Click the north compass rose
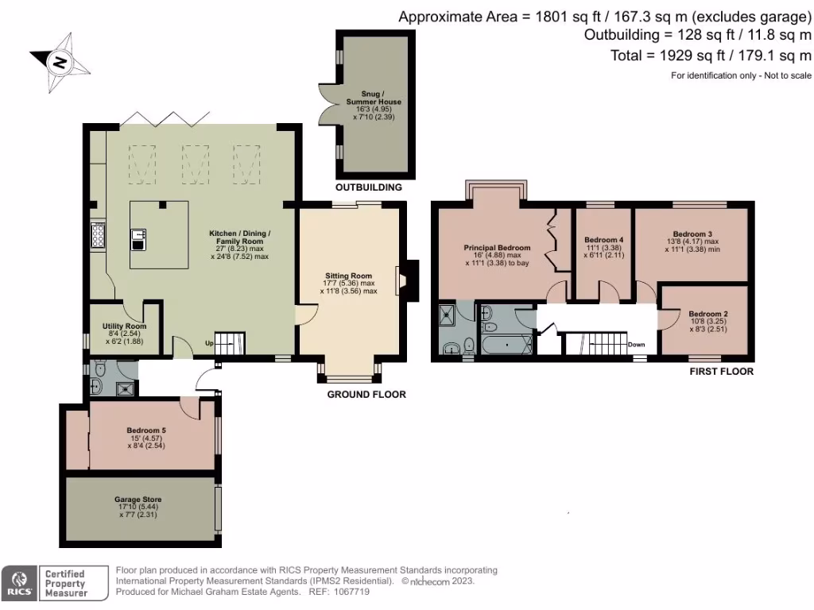60,62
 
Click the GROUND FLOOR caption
366,394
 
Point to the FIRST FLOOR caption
722,371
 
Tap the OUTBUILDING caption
368,187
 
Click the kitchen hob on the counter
99,236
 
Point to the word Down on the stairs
636,345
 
